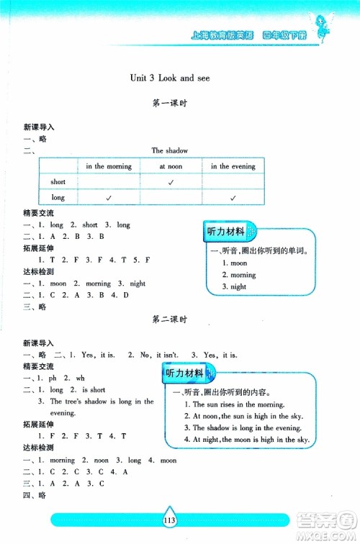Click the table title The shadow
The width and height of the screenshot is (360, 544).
coord(170,150)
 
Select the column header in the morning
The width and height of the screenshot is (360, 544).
coord(109,166)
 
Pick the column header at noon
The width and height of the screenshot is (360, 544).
coord(171,166)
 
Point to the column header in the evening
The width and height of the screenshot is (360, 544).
coord(233,166)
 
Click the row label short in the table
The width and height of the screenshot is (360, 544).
coord(58,182)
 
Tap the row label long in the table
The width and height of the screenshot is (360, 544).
coord(58,197)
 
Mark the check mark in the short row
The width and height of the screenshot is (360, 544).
coord(171,182)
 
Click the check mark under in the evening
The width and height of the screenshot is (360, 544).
coord(233,197)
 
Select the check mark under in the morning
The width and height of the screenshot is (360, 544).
coord(109,197)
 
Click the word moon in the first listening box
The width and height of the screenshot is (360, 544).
coord(239,263)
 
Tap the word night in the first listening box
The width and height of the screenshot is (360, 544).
coord(238,286)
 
